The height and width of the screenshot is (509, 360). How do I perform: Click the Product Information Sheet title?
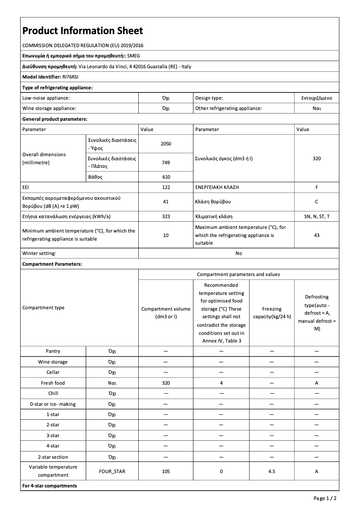click(83, 31)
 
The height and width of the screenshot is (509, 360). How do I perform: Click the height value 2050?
click(166, 144)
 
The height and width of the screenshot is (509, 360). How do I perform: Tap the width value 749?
click(166, 162)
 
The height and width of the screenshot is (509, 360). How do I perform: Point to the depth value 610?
click(166, 177)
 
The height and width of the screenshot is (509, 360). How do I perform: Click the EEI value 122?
click(166, 187)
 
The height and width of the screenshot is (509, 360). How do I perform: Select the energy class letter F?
click(316, 187)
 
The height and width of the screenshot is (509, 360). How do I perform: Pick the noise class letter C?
click(316, 202)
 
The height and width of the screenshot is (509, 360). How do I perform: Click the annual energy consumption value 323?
click(166, 216)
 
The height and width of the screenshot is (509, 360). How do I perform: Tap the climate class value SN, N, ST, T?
click(316, 216)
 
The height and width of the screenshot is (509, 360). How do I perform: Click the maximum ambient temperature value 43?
click(316, 235)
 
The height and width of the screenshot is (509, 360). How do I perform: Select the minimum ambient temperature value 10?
click(166, 235)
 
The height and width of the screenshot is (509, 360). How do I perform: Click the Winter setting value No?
click(238, 253)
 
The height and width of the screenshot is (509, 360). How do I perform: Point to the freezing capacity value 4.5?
click(272, 471)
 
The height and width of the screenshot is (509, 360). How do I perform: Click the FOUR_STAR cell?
click(112, 471)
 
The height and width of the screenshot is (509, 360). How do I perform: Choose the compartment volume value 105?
click(166, 471)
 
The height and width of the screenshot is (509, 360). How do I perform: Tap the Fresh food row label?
click(53, 383)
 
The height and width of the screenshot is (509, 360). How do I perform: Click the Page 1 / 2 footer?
click(325, 498)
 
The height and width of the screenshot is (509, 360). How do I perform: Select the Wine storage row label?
click(53, 362)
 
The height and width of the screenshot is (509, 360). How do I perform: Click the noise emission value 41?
click(166, 202)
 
